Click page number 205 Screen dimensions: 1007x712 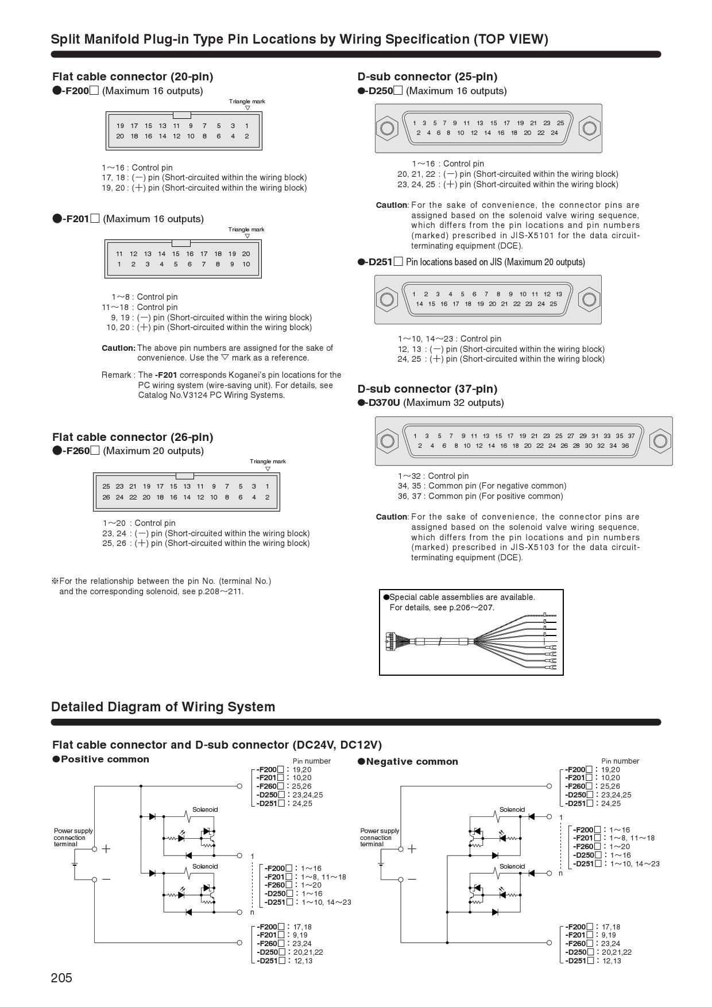coord(61,978)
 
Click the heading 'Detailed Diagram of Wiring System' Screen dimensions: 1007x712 coord(163,707)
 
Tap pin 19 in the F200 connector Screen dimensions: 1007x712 coord(120,126)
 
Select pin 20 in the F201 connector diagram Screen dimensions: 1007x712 coord(246,254)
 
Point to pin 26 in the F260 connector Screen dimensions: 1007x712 coord(106,497)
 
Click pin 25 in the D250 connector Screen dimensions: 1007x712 coord(560,123)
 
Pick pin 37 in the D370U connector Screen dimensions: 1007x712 coord(631,436)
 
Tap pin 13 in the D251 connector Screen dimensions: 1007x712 coord(559,294)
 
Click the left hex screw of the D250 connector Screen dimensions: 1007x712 coord(387,128)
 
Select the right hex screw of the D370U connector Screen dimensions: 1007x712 coord(660,440)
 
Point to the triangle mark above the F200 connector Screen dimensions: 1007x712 coord(247,108)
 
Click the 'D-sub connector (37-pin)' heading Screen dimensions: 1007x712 coord(427,389)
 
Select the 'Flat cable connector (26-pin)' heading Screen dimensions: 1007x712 coord(133,437)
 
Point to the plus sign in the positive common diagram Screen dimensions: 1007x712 coord(106,849)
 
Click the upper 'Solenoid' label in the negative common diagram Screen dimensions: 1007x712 coord(512,810)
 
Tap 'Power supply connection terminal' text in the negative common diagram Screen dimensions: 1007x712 coord(380,837)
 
